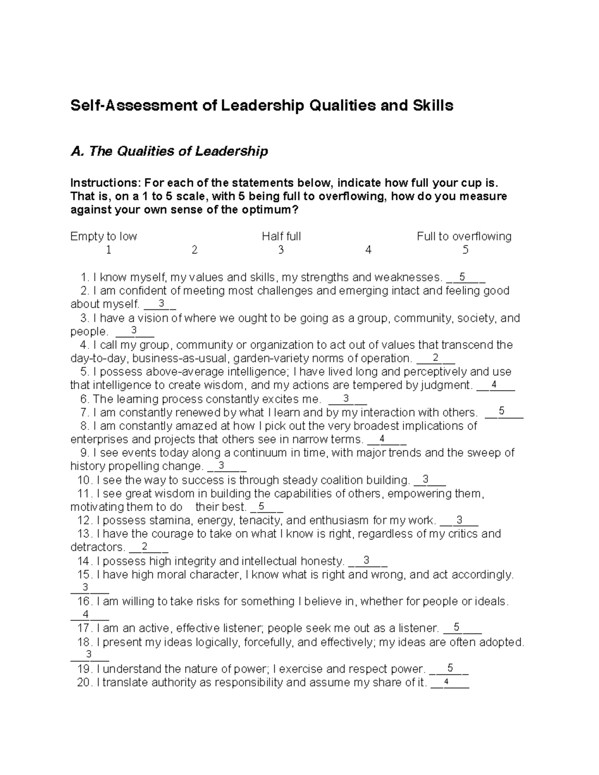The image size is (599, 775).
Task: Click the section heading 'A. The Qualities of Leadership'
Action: click(169, 151)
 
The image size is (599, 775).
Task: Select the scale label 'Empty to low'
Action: click(104, 236)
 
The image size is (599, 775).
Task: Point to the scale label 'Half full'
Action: click(281, 236)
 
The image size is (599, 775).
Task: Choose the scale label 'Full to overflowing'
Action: click(464, 236)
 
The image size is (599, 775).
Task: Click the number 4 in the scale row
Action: click(368, 250)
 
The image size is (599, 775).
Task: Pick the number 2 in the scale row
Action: click(194, 250)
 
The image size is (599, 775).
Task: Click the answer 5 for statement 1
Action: click(462, 276)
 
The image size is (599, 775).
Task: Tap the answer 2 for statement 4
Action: click(435, 357)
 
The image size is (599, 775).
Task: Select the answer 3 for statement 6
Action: click(346, 398)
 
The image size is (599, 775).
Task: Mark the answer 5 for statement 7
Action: click(502, 411)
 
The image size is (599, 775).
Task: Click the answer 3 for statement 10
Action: click(425, 479)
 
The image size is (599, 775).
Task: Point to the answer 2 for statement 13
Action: click(144, 546)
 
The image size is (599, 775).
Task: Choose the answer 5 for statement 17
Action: click(457, 627)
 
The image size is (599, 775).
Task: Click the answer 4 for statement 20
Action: click(446, 682)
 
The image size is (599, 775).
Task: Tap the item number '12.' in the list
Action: click(85, 520)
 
